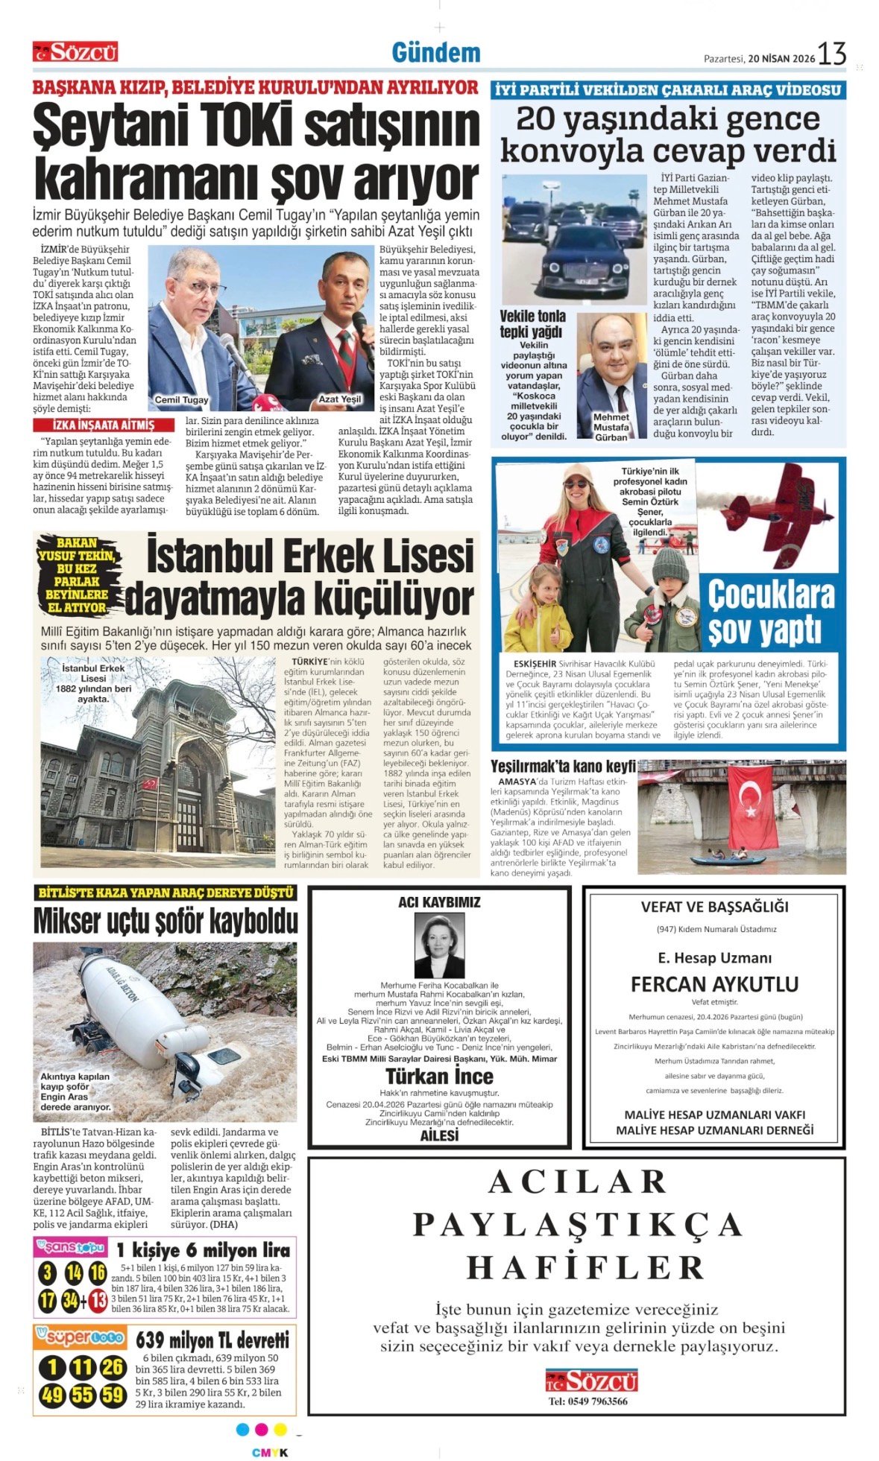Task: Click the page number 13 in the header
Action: [831, 54]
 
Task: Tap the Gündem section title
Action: [436, 53]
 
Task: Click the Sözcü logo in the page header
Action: [75, 51]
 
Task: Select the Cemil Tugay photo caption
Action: [182, 400]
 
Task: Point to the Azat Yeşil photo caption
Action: [340, 399]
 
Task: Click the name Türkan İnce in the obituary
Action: [439, 1076]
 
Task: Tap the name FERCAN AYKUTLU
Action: [714, 984]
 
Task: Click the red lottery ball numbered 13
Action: [98, 1300]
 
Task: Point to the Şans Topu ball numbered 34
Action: [72, 1300]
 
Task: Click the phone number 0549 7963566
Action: [588, 1401]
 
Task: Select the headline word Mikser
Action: [69, 922]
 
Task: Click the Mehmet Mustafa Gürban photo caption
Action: [611, 427]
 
